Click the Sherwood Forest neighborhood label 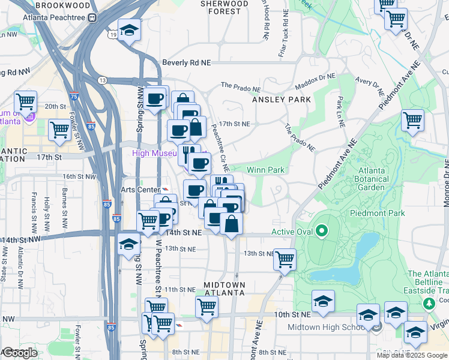pyautogui.click(x=224, y=7)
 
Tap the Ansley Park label pyautogui.click(x=282, y=99)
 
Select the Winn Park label pyautogui.click(x=265, y=170)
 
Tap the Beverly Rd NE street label pyautogui.click(x=187, y=62)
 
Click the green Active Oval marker pyautogui.click(x=322, y=230)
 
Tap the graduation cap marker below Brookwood pyautogui.click(x=128, y=30)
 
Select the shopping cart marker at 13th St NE pyautogui.click(x=285, y=259)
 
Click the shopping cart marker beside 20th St pyautogui.click(x=26, y=101)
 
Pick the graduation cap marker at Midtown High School pyautogui.click(x=368, y=314)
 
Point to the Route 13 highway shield pyautogui.click(x=103, y=80)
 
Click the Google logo pyautogui.click(x=20, y=353)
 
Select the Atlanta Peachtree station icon pyautogui.click(x=92, y=17)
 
